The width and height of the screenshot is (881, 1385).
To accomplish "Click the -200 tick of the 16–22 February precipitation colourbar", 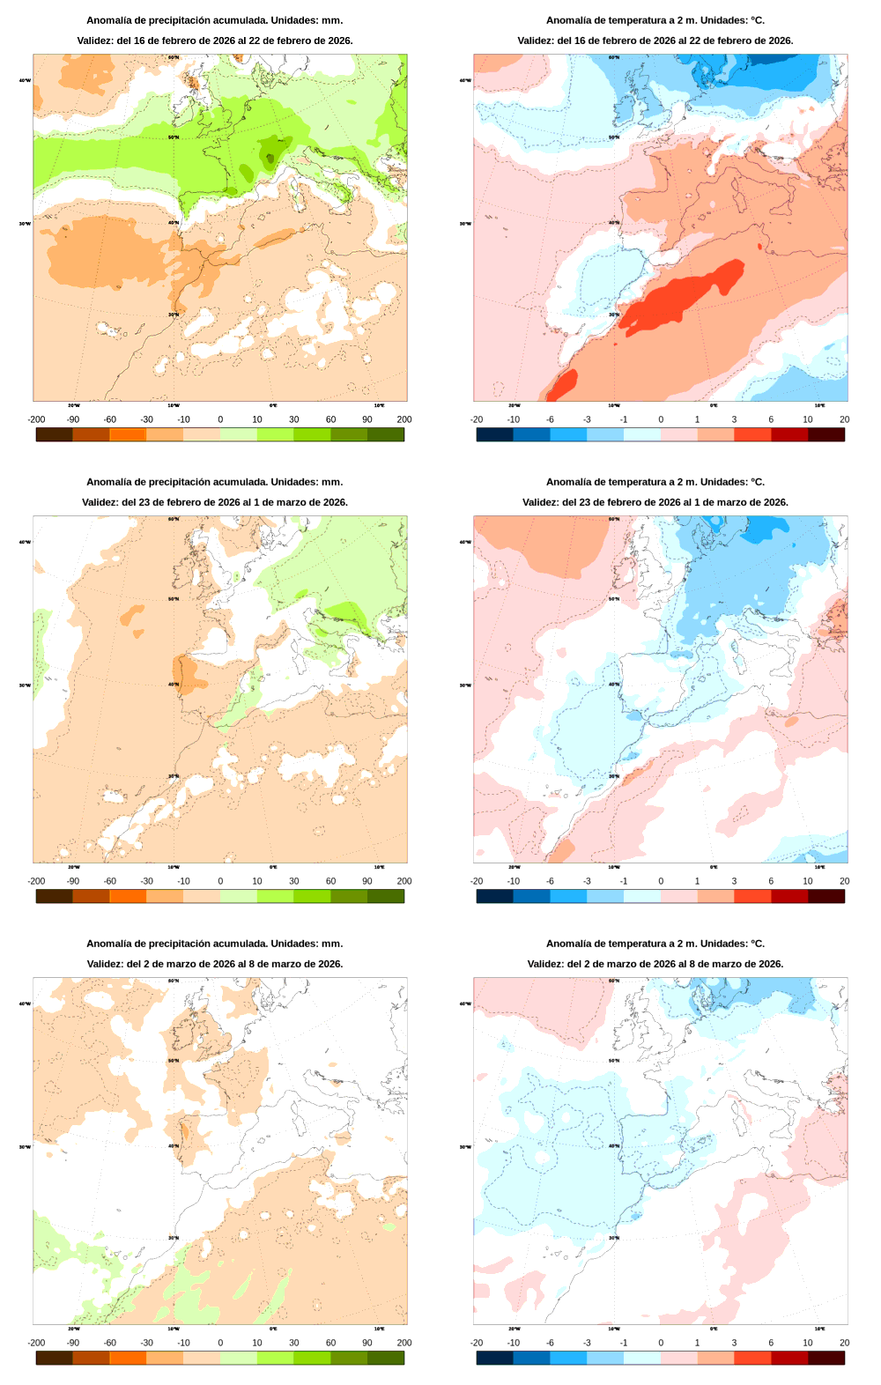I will (36, 419).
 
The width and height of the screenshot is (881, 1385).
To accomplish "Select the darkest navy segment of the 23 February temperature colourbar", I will (494, 896).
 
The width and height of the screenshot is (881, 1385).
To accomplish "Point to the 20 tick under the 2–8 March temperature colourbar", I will (844, 1343).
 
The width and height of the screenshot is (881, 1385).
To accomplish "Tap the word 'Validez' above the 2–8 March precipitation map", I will (105, 964).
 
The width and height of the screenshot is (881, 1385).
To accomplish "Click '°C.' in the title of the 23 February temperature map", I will (757, 482).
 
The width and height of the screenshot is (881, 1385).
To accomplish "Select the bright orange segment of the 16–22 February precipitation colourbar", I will (127, 434).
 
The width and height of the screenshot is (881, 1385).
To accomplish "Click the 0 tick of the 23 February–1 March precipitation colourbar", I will (220, 881).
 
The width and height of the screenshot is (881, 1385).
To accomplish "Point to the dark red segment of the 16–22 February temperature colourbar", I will (789, 434).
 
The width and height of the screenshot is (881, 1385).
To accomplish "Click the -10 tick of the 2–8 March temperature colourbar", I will (514, 1343).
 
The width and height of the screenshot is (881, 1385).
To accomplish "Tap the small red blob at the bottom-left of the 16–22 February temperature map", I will (564, 383).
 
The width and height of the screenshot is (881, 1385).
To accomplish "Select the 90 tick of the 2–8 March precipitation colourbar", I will (366, 1343).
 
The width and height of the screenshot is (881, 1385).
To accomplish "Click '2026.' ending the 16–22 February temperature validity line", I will (780, 41).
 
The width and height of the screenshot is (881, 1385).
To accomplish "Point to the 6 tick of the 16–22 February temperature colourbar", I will (771, 419).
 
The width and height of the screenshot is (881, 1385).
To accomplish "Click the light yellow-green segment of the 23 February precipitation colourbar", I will (238, 896).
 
